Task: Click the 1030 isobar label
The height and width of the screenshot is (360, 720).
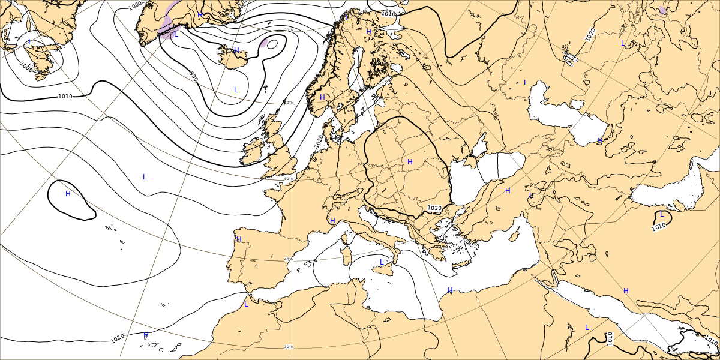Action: pos(434,208)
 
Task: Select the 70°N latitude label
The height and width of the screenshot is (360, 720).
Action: pos(289,29)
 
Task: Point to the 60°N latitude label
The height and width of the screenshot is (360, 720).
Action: pos(289,103)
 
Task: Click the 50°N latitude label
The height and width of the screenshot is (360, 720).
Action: pos(289,179)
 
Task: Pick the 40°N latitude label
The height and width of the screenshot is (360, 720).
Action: pos(289,259)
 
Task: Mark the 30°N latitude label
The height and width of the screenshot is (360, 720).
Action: pos(289,347)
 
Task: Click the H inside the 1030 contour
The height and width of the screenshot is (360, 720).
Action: pos(410,162)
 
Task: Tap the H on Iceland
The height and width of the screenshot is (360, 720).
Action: pos(236,50)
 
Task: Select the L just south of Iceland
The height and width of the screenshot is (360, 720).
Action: pos(236,89)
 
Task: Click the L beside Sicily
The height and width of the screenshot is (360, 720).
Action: pos(382,262)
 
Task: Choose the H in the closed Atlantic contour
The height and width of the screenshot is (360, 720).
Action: pos(68,193)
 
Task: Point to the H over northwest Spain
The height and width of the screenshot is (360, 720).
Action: pos(239,239)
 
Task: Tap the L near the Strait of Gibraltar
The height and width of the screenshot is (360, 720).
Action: pos(245,304)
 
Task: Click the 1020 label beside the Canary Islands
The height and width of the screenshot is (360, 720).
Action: pos(118,340)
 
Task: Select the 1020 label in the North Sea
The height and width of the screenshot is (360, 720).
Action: pos(318,142)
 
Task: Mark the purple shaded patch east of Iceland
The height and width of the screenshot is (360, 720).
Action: pos(271,43)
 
